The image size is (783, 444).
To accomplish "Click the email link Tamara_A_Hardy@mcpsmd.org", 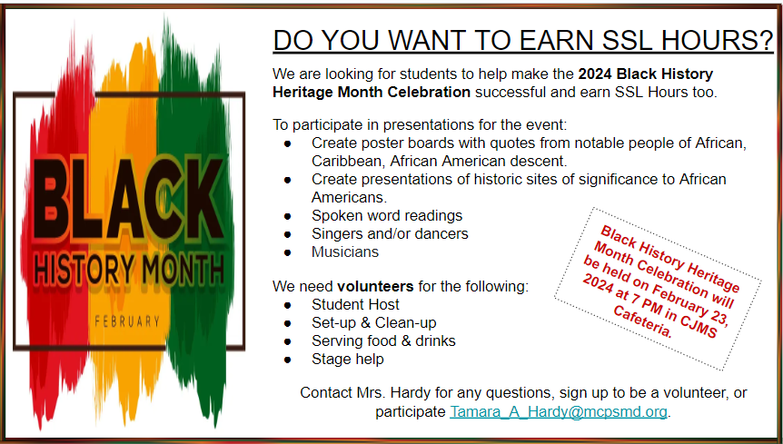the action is pos(559,411).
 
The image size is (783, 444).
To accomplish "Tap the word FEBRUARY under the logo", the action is pos(127,321).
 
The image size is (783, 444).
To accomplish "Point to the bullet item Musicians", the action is pos(345,252).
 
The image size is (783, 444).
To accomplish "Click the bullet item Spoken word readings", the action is pos(387,215).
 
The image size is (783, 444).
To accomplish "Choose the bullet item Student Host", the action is pos(355,304).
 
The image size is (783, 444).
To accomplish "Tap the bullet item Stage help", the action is pos(348,360).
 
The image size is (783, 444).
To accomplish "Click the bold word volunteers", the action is pos(375,286).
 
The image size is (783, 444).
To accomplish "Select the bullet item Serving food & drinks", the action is pos(383,340).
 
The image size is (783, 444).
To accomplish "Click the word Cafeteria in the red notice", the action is pos(643,322).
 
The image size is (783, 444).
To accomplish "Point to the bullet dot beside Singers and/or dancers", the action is pos(287,234).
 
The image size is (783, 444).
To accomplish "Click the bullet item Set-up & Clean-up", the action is pos(374,322).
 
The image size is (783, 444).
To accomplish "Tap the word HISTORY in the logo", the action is pos(84,271).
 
